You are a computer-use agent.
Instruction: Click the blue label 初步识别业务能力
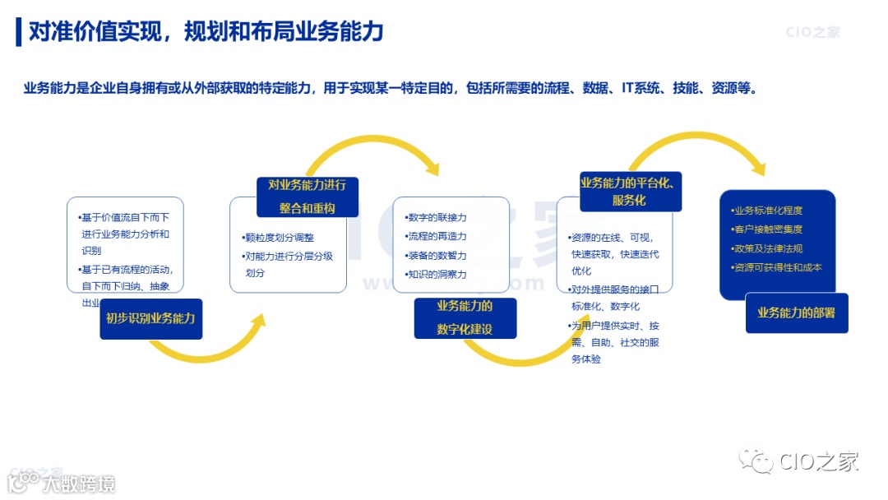click(150, 318)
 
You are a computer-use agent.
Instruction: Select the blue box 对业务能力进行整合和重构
click(307, 197)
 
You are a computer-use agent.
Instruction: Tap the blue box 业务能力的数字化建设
click(465, 317)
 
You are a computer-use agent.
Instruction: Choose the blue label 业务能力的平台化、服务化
click(631, 191)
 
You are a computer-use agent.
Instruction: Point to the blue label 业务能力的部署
click(796, 312)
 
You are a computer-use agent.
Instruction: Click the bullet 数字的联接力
click(437, 218)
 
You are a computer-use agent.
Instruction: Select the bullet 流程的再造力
click(437, 237)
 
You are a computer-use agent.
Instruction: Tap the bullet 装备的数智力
click(437, 256)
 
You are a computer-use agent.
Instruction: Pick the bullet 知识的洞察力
click(437, 275)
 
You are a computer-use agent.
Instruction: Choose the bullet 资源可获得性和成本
click(777, 267)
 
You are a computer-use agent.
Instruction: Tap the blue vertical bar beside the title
click(19, 32)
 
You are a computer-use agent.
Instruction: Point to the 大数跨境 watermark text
click(79, 483)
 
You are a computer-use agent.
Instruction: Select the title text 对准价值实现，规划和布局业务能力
click(206, 32)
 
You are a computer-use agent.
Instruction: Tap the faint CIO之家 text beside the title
click(812, 33)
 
